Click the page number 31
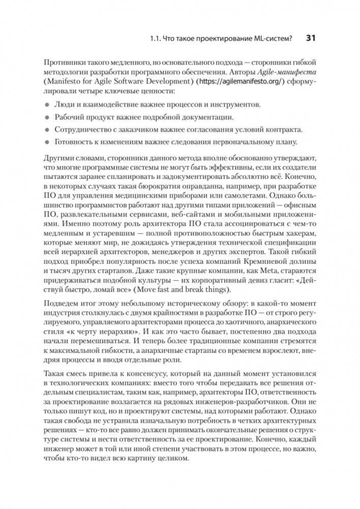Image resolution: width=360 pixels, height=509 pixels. coord(311,38)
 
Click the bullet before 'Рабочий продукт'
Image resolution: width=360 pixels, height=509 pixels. coord(47,116)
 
